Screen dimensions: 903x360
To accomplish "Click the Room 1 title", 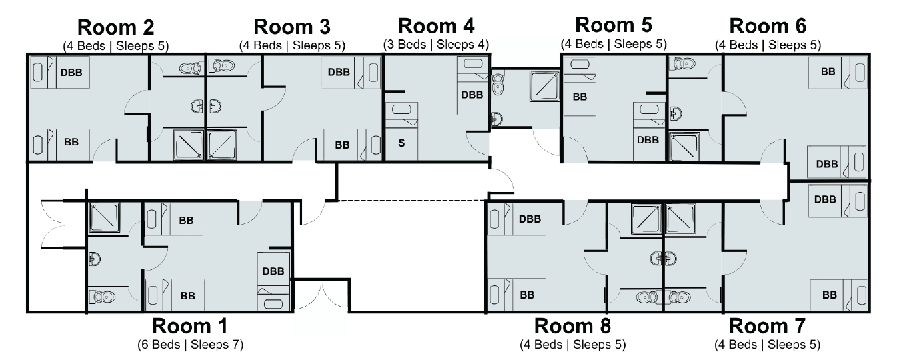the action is tap(189, 326).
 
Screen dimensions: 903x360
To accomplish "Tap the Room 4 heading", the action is tap(437, 26).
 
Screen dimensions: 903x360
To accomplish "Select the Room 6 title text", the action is tap(768, 26).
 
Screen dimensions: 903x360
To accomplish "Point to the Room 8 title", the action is tap(572, 326).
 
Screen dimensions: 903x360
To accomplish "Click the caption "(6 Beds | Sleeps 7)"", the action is tap(191, 345).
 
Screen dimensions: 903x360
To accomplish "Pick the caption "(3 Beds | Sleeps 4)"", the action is tap(437, 45).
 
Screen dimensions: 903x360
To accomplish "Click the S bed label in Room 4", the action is tap(401, 143).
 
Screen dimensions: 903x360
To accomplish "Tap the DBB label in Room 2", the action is tap(71, 73).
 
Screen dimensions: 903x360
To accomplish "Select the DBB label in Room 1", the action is tap(273, 271).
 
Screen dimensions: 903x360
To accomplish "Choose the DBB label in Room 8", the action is tap(530, 219).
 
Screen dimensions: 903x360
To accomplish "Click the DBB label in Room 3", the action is tap(339, 72).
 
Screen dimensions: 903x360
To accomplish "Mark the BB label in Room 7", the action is tap(830, 295).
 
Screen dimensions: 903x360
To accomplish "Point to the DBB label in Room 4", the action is tap(472, 95).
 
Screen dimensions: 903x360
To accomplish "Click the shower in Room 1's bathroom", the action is tap(105, 218).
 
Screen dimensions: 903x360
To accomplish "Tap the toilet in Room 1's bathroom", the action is tap(101, 297).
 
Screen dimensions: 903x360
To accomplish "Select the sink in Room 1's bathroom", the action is tap(95, 259).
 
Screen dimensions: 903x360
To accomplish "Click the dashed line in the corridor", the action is tap(412, 201).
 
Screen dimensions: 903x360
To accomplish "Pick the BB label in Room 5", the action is tap(580, 97).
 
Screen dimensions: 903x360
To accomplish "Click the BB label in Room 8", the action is tap(527, 295).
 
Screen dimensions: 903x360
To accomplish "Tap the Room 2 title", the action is tap(116, 28).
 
